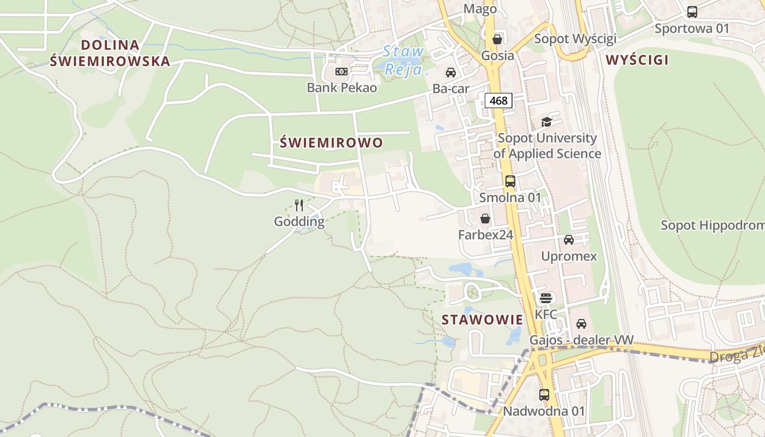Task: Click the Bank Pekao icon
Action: (342, 72)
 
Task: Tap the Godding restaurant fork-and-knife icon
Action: (299, 205)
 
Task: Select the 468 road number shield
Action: (498, 101)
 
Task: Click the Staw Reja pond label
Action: (403, 61)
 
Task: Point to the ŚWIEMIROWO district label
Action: (331, 143)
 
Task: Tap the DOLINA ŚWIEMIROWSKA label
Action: (110, 53)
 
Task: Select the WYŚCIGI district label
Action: (637, 60)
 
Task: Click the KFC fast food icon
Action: (546, 298)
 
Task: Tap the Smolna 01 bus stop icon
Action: (510, 181)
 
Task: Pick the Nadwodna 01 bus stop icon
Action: (544, 394)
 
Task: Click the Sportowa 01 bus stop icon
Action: (692, 11)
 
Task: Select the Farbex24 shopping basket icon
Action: (485, 218)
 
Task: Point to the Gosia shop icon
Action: (497, 39)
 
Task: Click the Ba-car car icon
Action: (451, 72)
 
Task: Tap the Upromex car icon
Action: (569, 239)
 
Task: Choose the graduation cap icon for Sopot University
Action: (546, 122)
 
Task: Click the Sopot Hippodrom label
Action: (712, 225)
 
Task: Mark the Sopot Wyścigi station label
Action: (575, 39)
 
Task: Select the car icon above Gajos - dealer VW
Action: (581, 324)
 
